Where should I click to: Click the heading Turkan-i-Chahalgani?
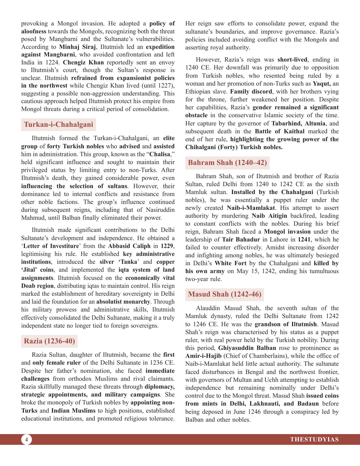pyautogui.click(x=58, y=125)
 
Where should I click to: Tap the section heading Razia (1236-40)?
pyautogui.click(x=49, y=341)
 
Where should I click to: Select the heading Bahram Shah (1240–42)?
pyautogui.click(x=227, y=163)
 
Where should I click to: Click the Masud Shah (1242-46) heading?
pyautogui.click(x=224, y=294)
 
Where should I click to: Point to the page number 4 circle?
pyautogui.click(x=27, y=439)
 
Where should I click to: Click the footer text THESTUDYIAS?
pyautogui.click(x=314, y=439)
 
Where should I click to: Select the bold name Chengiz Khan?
pyautogui.click(x=83, y=62)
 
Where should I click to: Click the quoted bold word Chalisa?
pyautogui.click(x=160, y=154)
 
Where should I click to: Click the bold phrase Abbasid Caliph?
pyautogui.click(x=129, y=246)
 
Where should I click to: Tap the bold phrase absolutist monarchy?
pyautogui.click(x=123, y=302)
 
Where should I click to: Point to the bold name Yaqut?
pyautogui.click(x=322, y=84)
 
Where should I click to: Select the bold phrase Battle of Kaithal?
pyautogui.click(x=280, y=131)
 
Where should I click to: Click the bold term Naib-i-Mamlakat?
pyautogui.click(x=251, y=208)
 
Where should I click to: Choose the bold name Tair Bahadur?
pyautogui.click(x=241, y=239)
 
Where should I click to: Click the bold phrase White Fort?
pyautogui.click(x=230, y=263)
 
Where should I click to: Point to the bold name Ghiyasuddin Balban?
pyautogui.click(x=247, y=348)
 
